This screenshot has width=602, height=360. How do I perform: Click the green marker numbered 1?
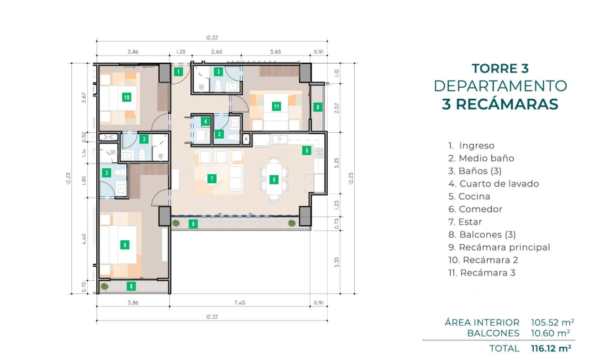click(178, 71)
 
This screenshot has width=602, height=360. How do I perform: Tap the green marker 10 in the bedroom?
click(127, 98)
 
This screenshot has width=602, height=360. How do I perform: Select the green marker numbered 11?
click(276, 106)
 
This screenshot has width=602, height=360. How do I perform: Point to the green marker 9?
click(124, 244)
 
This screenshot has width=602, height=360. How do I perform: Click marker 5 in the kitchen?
click(306, 151)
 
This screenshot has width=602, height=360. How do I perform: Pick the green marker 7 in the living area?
click(211, 178)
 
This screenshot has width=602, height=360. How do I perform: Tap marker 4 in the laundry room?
click(205, 121)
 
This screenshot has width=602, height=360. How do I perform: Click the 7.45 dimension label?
click(239, 303)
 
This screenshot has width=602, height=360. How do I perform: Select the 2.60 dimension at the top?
click(217, 52)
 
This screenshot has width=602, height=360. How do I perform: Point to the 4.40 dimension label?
click(84, 239)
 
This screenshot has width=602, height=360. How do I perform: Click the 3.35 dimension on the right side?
click(337, 262)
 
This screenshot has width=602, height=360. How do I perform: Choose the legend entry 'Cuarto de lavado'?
click(493, 184)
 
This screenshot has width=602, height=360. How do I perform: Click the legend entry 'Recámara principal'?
click(499, 247)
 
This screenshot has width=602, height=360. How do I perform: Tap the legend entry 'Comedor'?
click(475, 209)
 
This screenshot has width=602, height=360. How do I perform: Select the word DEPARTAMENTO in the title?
click(501, 86)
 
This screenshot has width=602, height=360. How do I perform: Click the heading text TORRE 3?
click(501, 68)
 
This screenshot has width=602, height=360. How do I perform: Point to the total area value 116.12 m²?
click(551, 348)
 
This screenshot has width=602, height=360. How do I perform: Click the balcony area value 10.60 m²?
click(550, 333)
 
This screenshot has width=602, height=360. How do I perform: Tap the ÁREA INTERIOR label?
click(482, 322)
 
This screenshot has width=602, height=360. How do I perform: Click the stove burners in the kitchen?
click(319, 153)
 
